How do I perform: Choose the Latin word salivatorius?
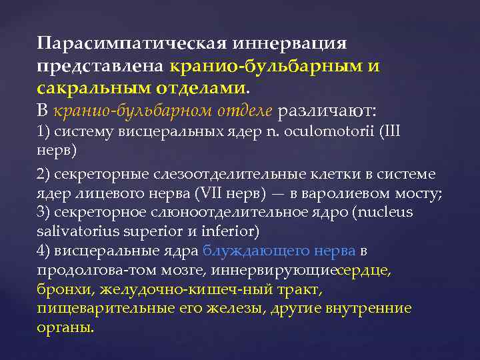pyautogui.click(x=79, y=231)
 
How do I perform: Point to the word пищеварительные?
pyautogui.click(x=99, y=309)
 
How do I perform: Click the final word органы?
pyautogui.click(x=65, y=328)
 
